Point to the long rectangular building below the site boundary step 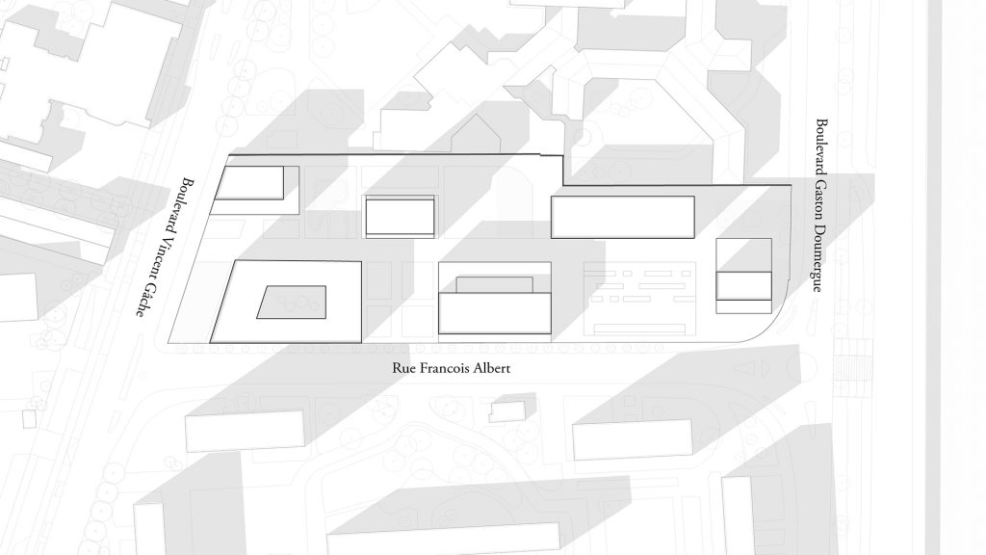(623, 217)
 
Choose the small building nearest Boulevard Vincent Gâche (249, 183)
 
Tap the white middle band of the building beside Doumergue (743, 285)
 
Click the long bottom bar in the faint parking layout (638, 330)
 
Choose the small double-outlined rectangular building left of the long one (400, 216)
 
